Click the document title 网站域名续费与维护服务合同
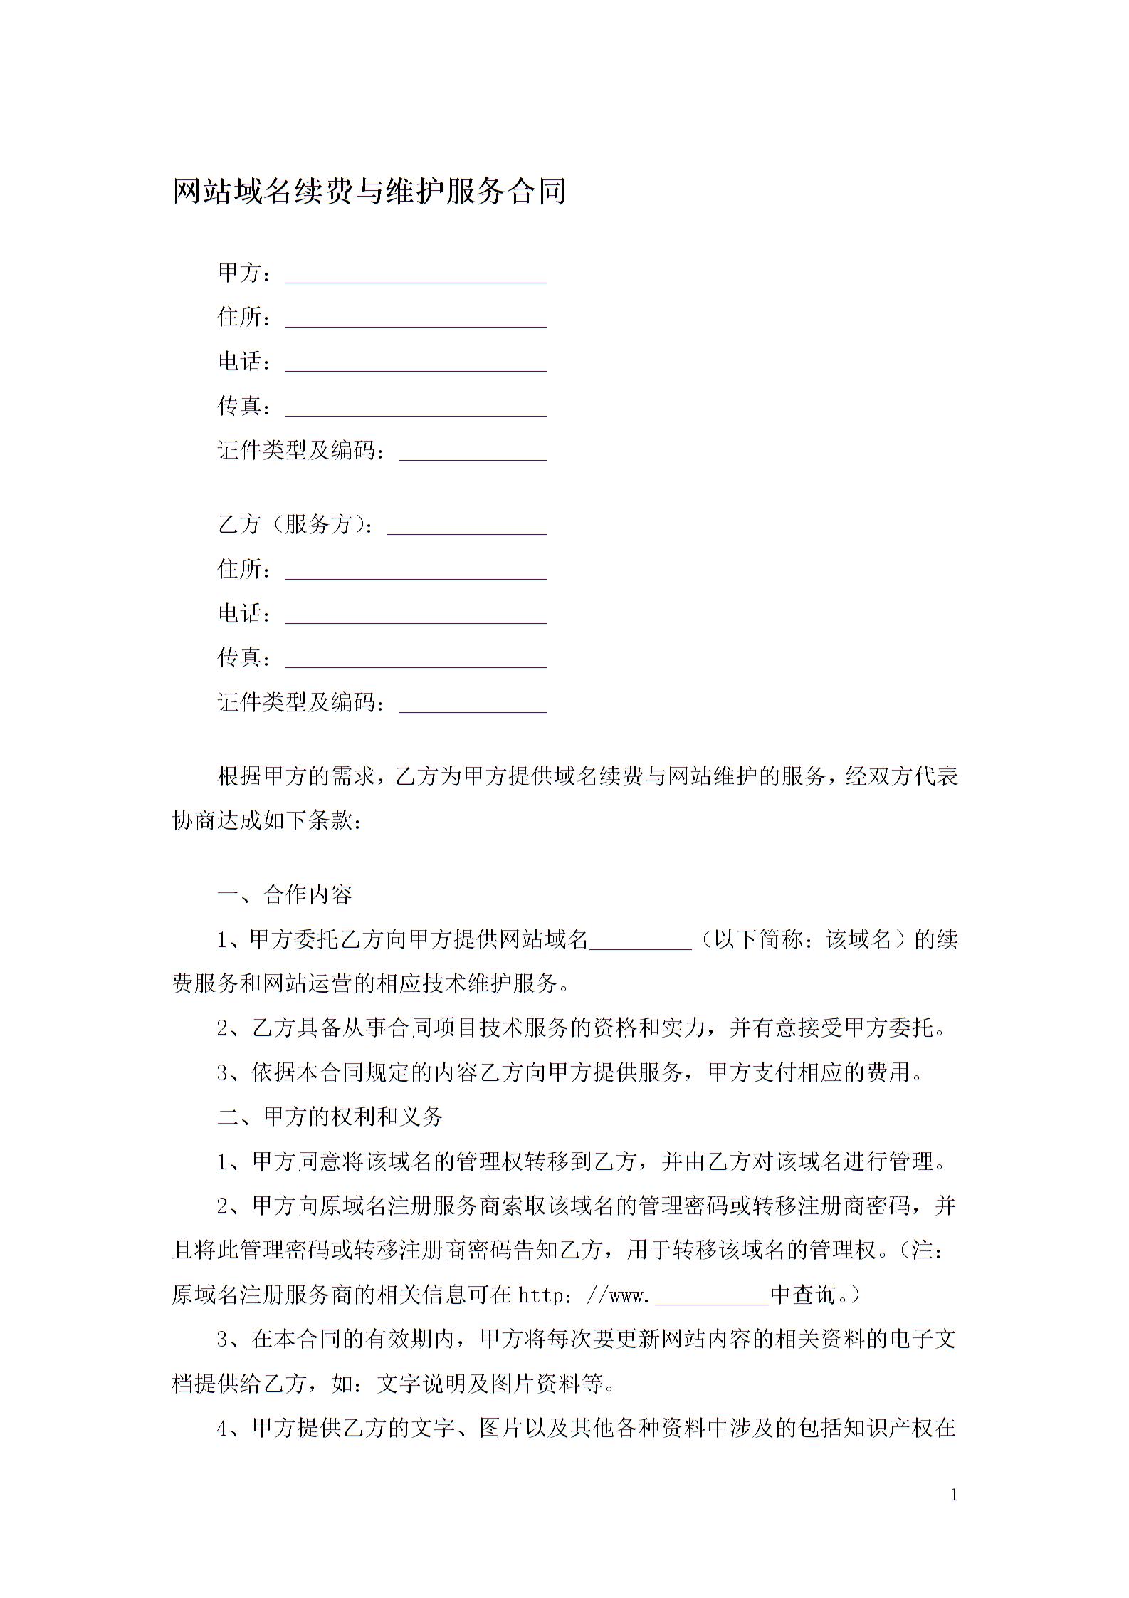(x=369, y=191)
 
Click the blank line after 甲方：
(x=416, y=278)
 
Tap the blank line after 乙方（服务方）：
(x=467, y=529)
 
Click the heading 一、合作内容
(x=285, y=894)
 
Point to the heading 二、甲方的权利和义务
(x=330, y=1117)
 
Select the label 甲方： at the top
(x=244, y=273)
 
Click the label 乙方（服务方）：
(x=295, y=525)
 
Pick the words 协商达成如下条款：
(x=267, y=820)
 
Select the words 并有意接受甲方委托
(x=830, y=1028)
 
